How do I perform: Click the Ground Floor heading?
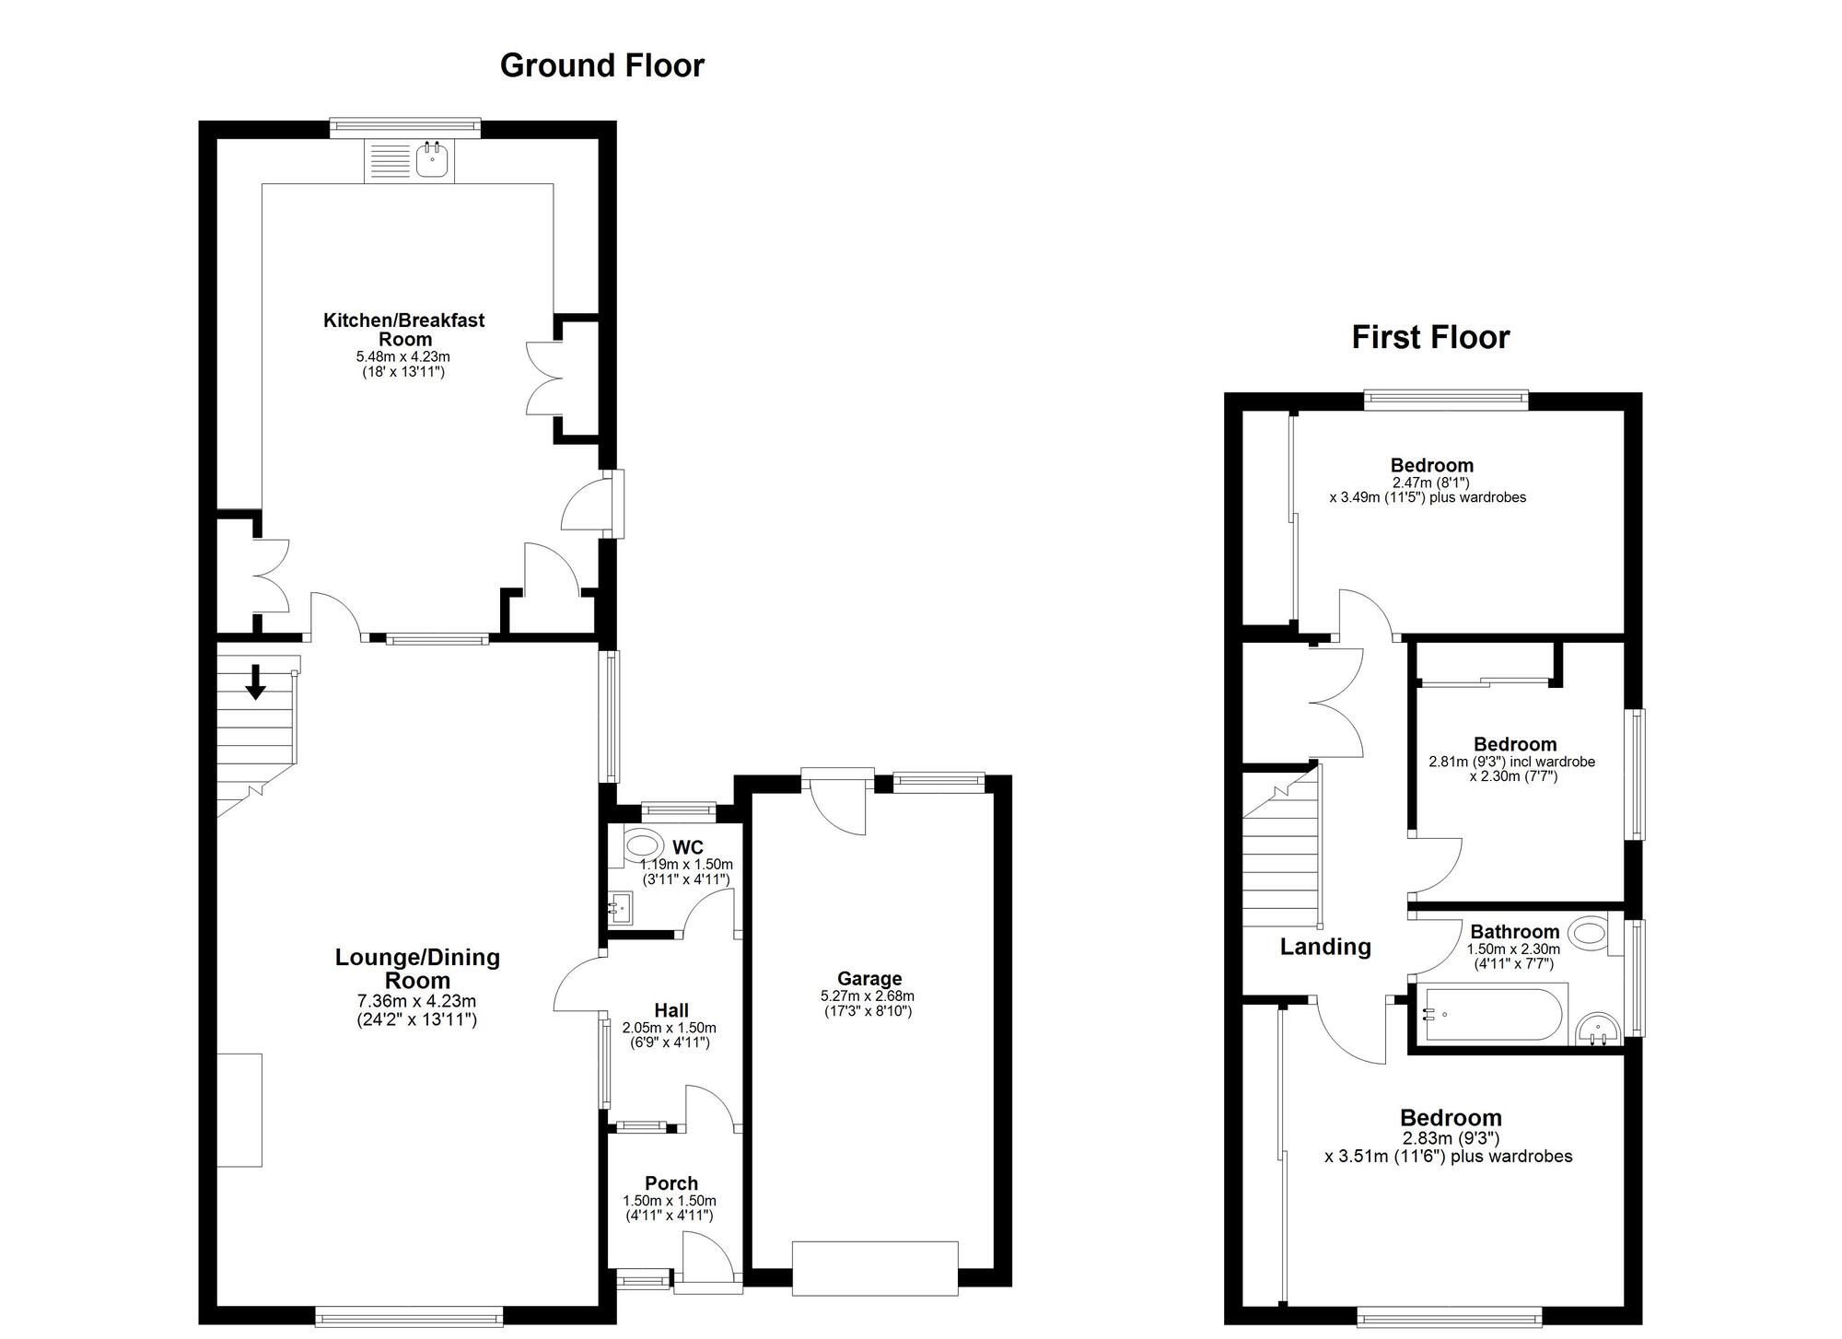coord(601,65)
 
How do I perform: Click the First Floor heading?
coord(1429,337)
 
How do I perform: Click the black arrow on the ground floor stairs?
coord(255,681)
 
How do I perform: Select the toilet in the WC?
coord(643,844)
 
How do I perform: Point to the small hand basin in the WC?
coord(621,907)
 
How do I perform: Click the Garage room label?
coord(869,978)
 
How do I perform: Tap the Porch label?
coord(670,1183)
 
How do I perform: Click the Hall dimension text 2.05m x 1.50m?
coord(669,1028)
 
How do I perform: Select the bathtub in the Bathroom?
coord(1489,1014)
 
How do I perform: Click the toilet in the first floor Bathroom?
coord(1590,934)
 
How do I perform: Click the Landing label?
coord(1324,947)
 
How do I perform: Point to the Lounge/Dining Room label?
coord(417,969)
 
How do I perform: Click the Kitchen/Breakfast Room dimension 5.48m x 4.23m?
coord(402,356)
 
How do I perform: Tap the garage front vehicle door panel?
coord(874,1268)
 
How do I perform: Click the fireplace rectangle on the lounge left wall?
coord(239,1110)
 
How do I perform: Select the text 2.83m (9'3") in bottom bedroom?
coord(1450,1138)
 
